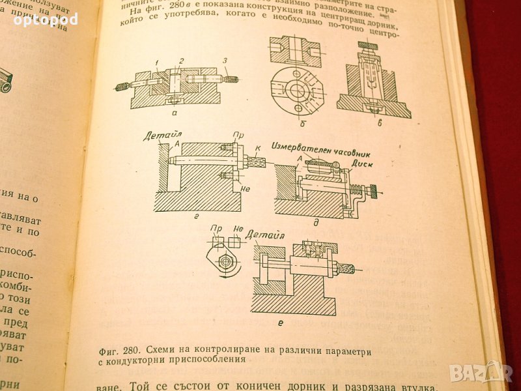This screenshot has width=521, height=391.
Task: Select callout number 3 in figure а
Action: [x=225, y=62]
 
